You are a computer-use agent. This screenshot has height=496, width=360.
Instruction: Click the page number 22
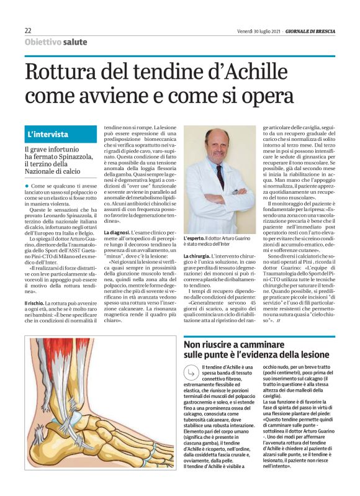[28, 31]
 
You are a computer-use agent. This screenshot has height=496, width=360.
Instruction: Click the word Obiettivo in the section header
[43, 42]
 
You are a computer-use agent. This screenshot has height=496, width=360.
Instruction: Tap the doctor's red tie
[220, 176]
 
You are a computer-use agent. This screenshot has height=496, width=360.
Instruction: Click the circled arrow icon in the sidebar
[190, 372]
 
